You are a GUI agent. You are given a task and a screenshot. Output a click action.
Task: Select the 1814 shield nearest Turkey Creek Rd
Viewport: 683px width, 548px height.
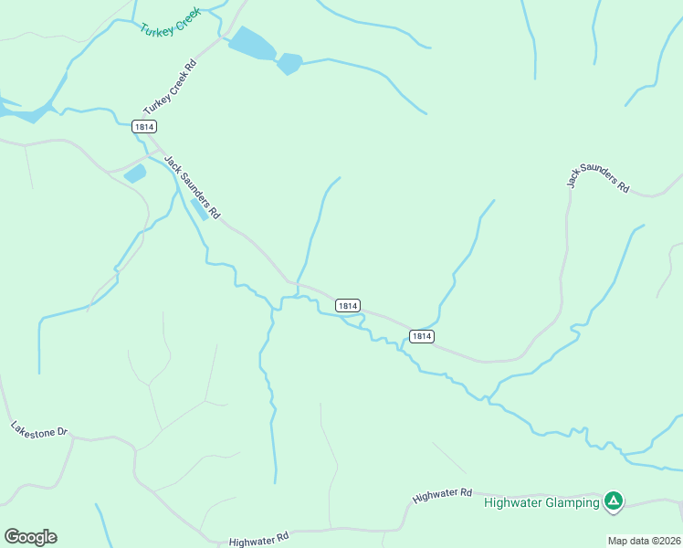coord(143,127)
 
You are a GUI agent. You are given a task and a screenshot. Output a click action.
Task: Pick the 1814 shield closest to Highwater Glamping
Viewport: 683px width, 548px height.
coord(420,336)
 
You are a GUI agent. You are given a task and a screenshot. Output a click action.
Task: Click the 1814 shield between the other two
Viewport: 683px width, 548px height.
coord(347,305)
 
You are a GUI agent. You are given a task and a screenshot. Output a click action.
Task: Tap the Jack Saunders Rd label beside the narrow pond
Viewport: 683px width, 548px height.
coord(192,186)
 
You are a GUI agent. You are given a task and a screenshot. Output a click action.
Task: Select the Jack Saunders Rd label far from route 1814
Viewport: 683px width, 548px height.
coord(597,178)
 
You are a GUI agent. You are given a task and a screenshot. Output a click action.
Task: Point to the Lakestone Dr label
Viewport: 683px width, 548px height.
coord(39,428)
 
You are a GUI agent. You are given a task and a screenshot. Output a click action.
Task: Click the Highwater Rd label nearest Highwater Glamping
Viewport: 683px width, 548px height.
coord(442,495)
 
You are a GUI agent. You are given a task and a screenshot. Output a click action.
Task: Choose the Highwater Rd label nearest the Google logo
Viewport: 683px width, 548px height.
coord(259,540)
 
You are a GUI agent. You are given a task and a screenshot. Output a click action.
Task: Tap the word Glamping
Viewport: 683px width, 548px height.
coord(574,502)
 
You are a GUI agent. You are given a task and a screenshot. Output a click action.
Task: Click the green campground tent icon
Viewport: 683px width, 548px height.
coord(615,501)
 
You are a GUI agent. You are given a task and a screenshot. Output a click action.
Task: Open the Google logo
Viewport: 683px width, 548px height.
coord(30,537)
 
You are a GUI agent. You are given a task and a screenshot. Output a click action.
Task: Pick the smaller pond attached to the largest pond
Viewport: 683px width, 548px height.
coord(289,64)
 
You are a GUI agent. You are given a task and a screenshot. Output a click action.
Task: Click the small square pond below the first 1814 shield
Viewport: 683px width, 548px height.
coord(135,174)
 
